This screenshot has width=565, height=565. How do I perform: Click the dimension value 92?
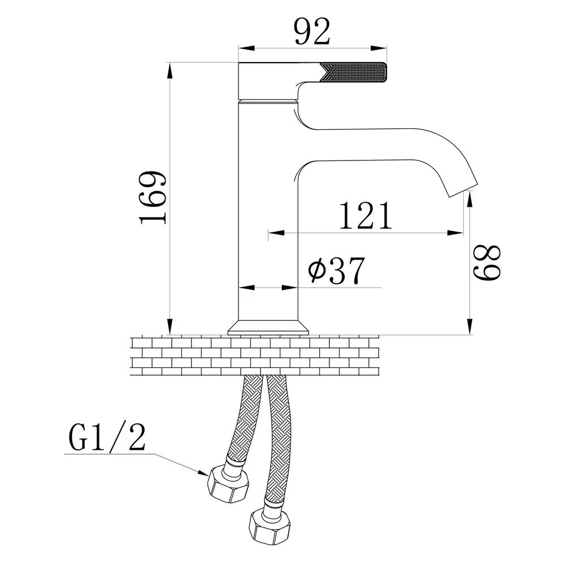click(312, 32)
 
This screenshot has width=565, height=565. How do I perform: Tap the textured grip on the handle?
click(353, 72)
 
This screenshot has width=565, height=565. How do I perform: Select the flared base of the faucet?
click(269, 328)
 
